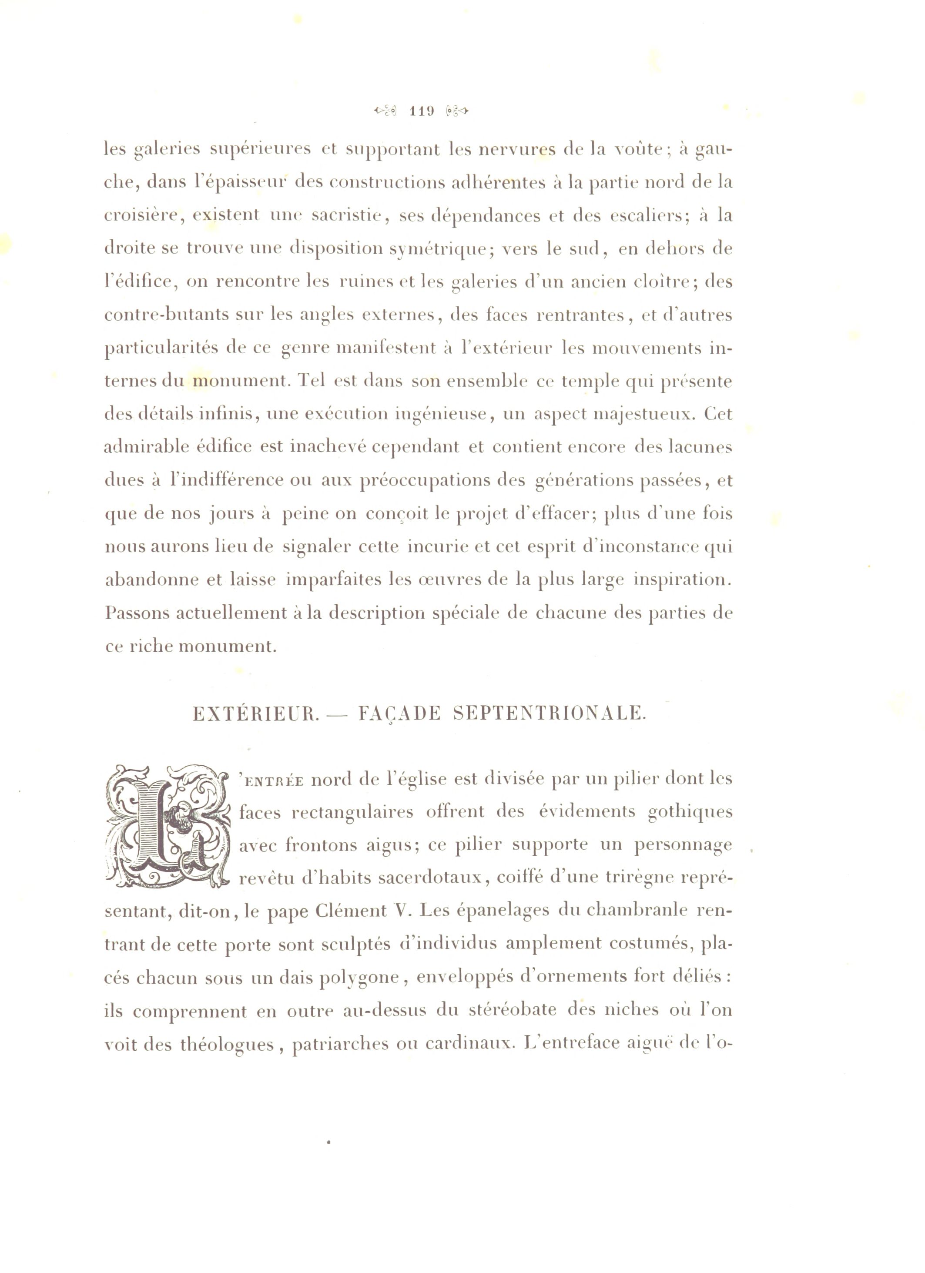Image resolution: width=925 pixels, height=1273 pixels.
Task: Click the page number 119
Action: (422, 111)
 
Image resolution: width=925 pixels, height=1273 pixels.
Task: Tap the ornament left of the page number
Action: (385, 111)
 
